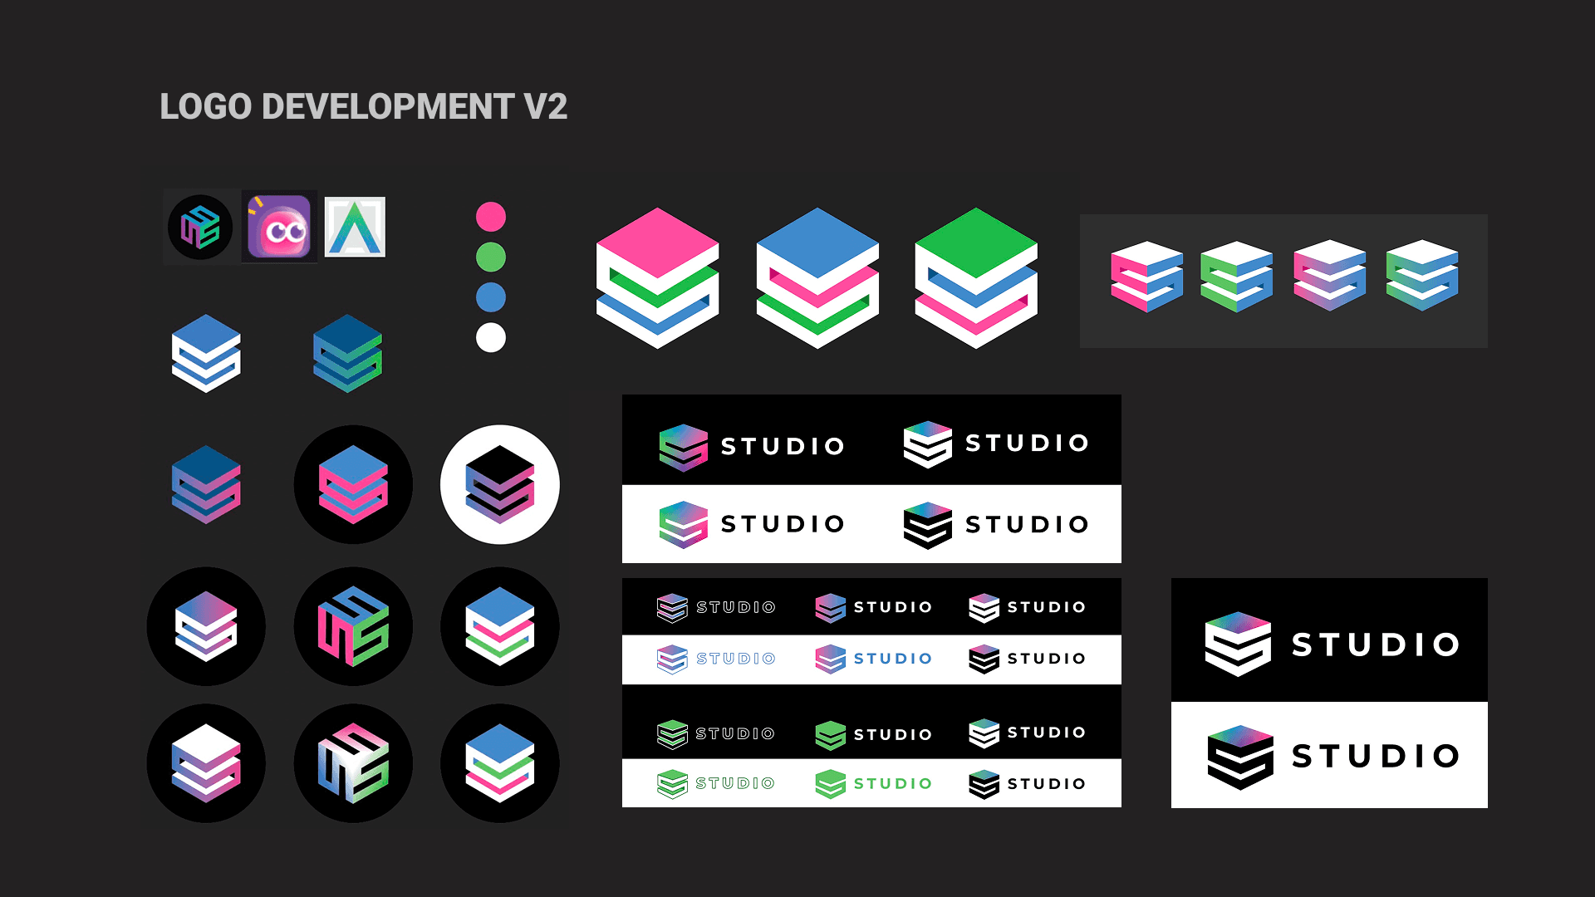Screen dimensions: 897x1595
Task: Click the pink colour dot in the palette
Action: point(491,217)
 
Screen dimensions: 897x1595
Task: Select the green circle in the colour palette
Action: point(491,257)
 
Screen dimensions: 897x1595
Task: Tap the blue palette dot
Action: point(491,297)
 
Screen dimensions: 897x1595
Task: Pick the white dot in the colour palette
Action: point(491,338)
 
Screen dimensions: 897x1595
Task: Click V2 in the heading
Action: point(546,107)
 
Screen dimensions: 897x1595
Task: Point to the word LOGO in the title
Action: point(205,107)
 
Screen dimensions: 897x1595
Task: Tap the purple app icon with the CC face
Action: point(279,227)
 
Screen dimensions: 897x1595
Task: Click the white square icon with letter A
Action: point(355,227)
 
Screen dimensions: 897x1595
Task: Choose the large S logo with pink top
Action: point(658,277)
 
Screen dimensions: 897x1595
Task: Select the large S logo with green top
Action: point(976,277)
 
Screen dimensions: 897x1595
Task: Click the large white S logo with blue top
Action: point(817,277)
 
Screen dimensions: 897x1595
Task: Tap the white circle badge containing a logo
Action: point(500,485)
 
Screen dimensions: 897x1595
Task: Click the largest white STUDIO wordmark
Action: point(1376,645)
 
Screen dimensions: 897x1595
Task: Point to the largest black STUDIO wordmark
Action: point(1376,756)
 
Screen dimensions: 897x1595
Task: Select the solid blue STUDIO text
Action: point(893,659)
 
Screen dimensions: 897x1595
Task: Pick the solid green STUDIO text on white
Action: point(893,784)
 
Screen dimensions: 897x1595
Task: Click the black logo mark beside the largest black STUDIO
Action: point(1239,757)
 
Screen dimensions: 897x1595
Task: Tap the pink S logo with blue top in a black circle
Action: point(354,485)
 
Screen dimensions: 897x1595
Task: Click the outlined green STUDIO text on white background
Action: point(735,783)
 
